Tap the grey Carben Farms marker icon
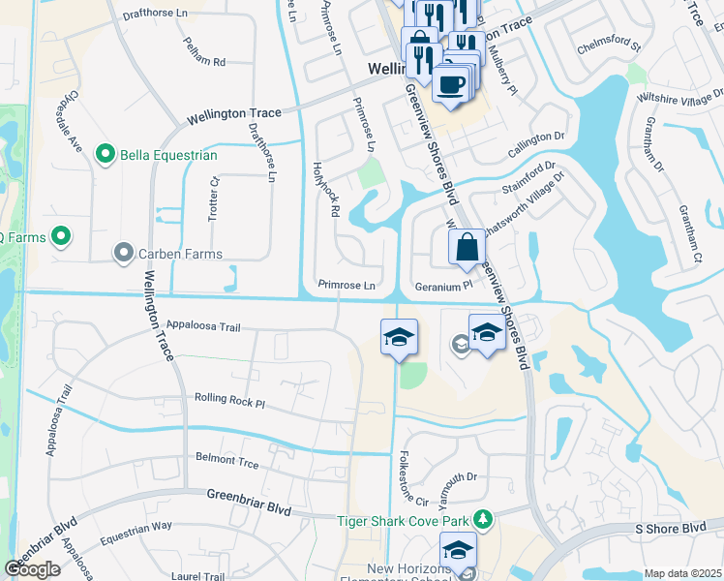[x=123, y=254]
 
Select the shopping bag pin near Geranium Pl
[x=467, y=247]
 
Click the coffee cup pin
[x=451, y=83]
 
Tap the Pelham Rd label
[x=204, y=61]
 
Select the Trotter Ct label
[x=215, y=200]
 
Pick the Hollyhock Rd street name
[x=330, y=189]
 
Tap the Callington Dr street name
[x=535, y=138]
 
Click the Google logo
[x=33, y=568]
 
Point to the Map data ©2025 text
[x=682, y=573]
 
